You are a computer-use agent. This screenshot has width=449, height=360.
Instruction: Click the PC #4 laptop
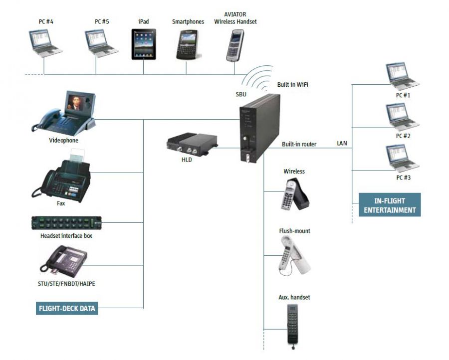pyautogui.click(x=45, y=43)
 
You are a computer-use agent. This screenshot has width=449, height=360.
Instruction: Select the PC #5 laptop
pyautogui.click(x=101, y=43)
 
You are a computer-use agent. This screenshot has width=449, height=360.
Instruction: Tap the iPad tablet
pyautogui.click(x=144, y=44)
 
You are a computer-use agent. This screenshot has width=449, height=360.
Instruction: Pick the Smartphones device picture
pyautogui.click(x=188, y=45)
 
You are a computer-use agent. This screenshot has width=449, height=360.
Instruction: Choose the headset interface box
pyautogui.click(x=66, y=223)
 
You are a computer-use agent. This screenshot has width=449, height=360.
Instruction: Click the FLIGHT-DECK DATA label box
pyautogui.click(x=67, y=309)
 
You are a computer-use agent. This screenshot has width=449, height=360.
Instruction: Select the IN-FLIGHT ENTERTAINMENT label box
pyautogui.click(x=390, y=205)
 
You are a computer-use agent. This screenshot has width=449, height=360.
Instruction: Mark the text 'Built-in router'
pyautogui.click(x=299, y=145)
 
